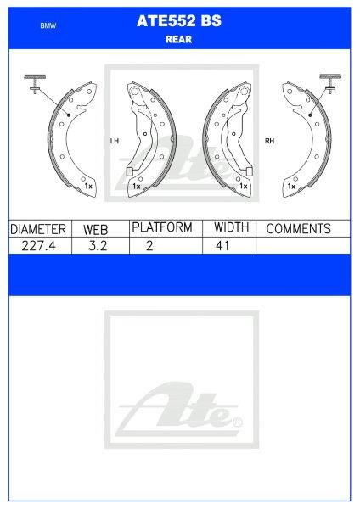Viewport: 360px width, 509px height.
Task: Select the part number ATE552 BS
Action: pyautogui.click(x=180, y=23)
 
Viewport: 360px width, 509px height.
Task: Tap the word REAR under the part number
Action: pyautogui.click(x=179, y=38)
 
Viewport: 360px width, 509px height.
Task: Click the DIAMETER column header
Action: pyautogui.click(x=38, y=229)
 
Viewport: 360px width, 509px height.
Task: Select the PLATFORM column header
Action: pyautogui.click(x=161, y=227)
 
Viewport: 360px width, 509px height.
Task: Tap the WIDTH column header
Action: pyautogui.click(x=230, y=227)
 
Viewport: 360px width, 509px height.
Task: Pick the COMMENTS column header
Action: pyautogui.click(x=298, y=229)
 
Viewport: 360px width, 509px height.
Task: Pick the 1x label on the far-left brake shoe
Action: pyautogui.click(x=87, y=184)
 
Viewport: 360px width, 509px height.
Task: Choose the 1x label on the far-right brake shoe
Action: pyautogui.click(x=291, y=184)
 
